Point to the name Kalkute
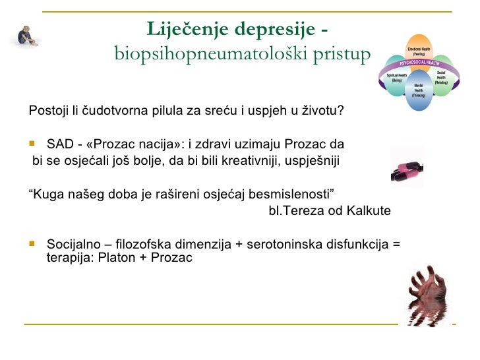point(369,211)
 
